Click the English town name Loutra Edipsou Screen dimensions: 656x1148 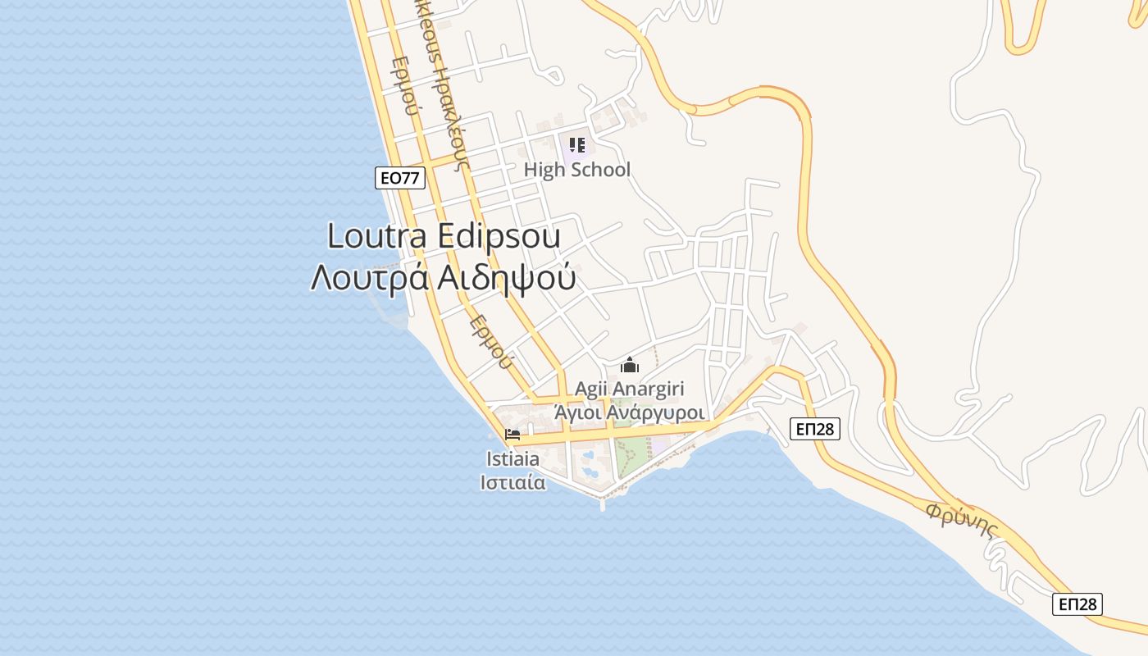point(444,236)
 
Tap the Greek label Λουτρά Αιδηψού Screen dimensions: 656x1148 point(443,279)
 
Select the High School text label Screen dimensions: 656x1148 point(577,170)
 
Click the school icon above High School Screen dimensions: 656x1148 point(577,146)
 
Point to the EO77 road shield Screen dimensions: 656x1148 point(400,178)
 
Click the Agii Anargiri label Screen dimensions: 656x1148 point(629,389)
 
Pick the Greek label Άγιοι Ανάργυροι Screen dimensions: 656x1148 point(630,412)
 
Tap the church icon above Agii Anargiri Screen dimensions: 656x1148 point(630,365)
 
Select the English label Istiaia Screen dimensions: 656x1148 point(512,459)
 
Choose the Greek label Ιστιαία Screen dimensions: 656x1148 point(512,482)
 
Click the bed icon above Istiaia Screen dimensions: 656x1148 point(513,434)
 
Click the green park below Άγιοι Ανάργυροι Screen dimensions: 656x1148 point(631,456)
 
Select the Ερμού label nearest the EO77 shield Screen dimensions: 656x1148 point(405,98)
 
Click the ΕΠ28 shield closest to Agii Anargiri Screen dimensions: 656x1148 point(815,428)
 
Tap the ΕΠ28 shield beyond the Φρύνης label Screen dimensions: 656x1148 point(1077,604)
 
